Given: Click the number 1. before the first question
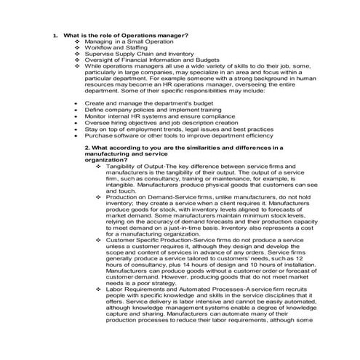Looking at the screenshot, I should pos(55,36).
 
